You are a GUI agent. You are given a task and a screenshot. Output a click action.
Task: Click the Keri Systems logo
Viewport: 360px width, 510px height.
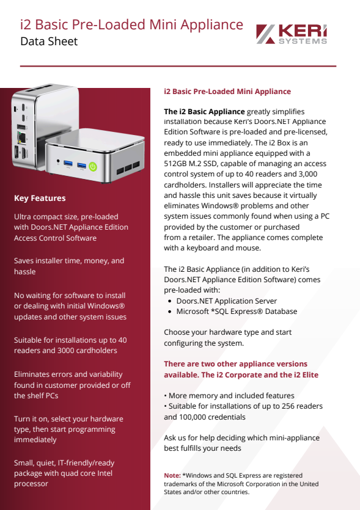292,34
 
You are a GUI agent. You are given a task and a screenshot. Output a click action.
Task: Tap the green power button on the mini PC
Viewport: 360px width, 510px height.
93,167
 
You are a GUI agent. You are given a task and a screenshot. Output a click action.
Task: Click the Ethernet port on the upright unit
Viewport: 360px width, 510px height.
21,137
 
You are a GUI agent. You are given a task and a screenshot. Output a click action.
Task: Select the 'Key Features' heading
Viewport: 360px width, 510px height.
40,198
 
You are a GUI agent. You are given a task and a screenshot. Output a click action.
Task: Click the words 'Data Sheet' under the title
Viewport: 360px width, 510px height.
49,42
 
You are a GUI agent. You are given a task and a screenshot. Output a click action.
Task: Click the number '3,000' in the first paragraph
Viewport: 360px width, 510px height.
308,174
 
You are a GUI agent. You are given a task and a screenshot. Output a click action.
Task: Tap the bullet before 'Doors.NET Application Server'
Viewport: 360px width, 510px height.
169,301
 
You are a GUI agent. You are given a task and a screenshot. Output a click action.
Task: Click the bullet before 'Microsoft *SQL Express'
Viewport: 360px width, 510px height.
169,311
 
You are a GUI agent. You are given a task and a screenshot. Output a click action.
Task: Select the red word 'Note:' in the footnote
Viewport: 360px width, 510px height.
172,476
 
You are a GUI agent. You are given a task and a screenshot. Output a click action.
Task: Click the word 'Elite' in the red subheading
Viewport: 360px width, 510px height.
310,374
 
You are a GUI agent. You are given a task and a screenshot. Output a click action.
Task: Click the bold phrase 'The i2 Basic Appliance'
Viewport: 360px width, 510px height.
204,112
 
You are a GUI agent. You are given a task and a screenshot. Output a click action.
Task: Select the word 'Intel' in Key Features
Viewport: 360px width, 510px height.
105,473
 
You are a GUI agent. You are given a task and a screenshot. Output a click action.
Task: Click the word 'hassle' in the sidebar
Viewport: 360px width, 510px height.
24,272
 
